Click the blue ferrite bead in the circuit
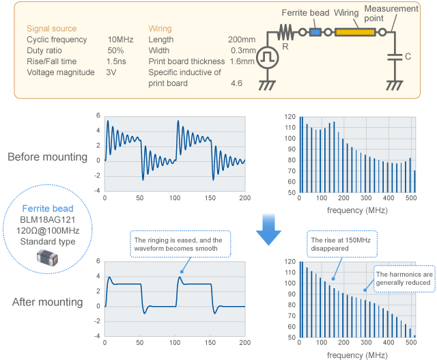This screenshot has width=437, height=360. pyautogui.click(x=315, y=31)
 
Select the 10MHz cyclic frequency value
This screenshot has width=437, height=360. pyautogui.click(x=121, y=40)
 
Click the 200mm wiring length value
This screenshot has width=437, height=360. pyautogui.click(x=241, y=40)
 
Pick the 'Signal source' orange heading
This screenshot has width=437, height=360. pyautogui.click(x=51, y=29)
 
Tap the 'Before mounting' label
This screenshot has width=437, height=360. pyautogui.click(x=47, y=157)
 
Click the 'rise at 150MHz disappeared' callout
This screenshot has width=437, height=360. pyautogui.click(x=339, y=245)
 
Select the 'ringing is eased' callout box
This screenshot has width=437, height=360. pyautogui.click(x=181, y=244)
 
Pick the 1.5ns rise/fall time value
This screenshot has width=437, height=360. pyautogui.click(x=116, y=61)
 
